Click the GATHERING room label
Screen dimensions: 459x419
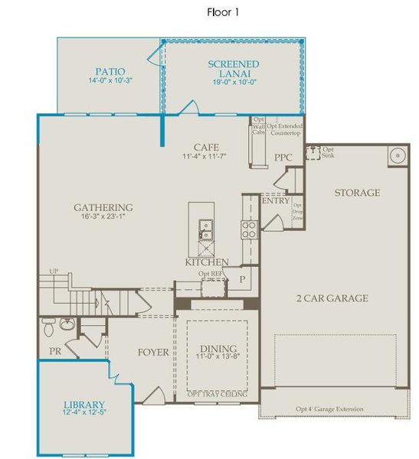[103, 207]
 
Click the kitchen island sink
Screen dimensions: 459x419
[205, 226]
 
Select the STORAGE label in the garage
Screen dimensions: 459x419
[356, 193]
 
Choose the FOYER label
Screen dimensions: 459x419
[153, 353]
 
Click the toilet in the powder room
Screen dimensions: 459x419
[48, 328]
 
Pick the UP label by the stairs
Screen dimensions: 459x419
[54, 272]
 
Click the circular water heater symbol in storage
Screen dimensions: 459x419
[398, 156]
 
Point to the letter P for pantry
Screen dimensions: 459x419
[242, 280]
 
